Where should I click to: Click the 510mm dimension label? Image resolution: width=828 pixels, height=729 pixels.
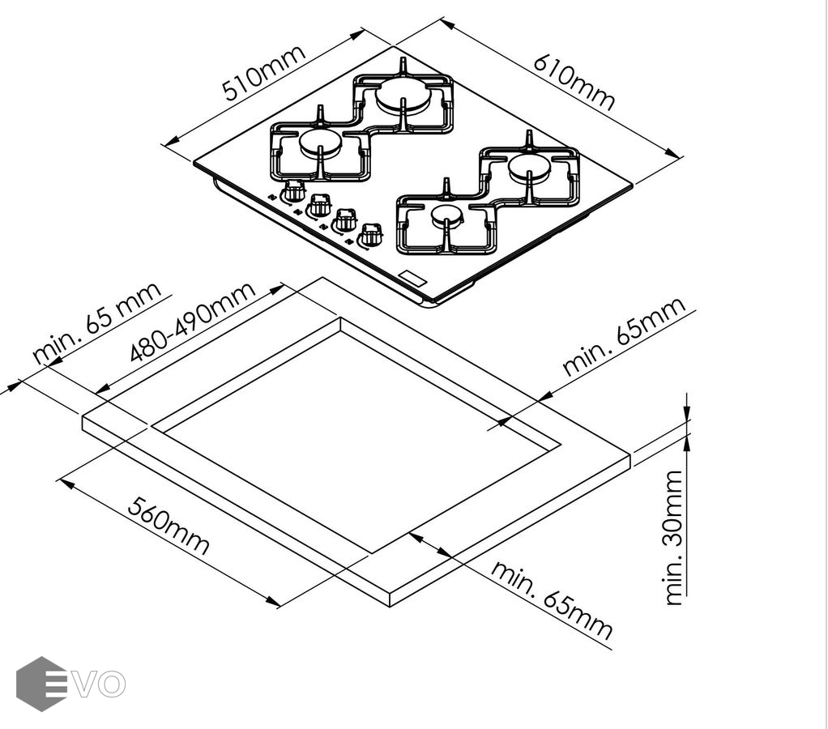tap(265, 73)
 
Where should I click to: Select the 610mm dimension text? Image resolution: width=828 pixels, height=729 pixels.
tap(574, 83)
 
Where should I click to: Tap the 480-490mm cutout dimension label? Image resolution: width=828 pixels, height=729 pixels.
tap(193, 322)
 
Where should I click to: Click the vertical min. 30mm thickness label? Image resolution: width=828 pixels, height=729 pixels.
tap(674, 537)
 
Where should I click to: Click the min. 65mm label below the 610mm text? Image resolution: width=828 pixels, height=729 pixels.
tap(624, 336)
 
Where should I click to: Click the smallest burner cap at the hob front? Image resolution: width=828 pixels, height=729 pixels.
tap(446, 215)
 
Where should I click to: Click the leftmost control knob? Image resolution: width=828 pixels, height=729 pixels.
tap(294, 191)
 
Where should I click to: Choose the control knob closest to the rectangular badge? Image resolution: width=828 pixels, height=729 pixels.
tap(371, 234)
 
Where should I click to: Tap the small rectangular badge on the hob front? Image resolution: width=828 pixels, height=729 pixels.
tap(413, 277)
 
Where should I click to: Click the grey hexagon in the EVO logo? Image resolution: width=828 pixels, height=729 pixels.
tap(41, 684)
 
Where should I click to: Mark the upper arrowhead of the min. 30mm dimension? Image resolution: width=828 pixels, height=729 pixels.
tap(687, 415)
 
